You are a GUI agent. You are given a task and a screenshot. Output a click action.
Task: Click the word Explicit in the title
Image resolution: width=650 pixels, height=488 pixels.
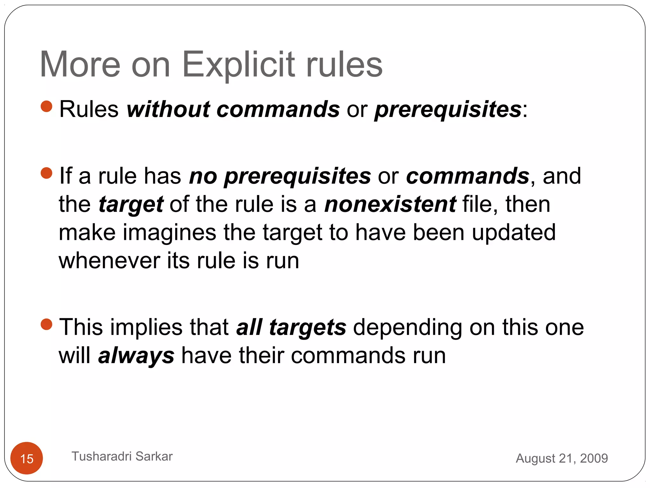(239, 65)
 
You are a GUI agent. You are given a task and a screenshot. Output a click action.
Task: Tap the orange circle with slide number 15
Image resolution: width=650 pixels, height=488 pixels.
(27, 458)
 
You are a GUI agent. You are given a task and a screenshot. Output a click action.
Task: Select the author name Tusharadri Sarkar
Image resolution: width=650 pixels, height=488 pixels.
(122, 456)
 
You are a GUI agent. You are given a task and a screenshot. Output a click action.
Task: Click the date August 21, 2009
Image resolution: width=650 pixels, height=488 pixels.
(562, 458)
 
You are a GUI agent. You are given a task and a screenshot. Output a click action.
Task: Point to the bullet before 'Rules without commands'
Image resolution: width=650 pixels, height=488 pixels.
(47, 106)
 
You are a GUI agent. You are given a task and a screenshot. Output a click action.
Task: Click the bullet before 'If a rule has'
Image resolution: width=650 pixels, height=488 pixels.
(47, 173)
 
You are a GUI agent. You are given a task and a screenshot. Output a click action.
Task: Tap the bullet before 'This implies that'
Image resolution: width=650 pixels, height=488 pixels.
(47, 324)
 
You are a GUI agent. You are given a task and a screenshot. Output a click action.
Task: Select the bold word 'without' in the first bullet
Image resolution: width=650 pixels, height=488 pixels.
(168, 109)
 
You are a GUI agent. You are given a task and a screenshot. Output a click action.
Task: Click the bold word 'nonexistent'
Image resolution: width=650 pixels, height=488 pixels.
(390, 204)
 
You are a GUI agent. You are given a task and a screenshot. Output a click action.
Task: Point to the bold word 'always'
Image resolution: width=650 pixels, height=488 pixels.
(136, 356)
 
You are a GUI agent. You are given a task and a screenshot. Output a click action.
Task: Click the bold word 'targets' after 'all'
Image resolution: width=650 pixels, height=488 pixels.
(308, 328)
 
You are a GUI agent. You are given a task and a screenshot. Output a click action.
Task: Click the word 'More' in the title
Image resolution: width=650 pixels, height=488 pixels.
(80, 65)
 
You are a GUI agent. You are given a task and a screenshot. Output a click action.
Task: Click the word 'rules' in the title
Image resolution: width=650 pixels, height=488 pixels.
(344, 65)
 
